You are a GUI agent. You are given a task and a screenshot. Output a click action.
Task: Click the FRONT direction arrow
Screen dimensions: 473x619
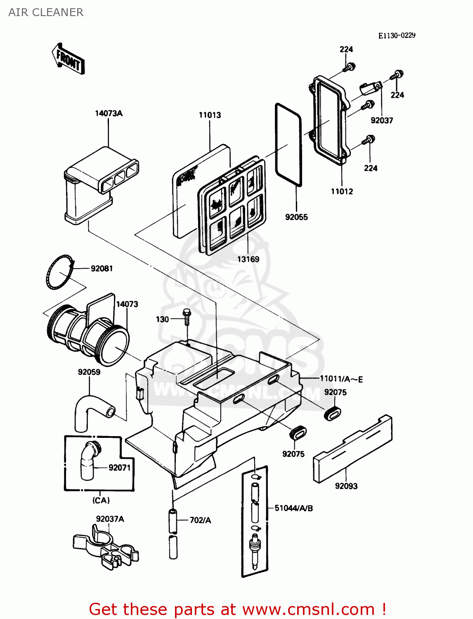(x=68, y=59)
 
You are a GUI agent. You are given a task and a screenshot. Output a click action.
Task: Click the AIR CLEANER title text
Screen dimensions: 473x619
(x=46, y=12)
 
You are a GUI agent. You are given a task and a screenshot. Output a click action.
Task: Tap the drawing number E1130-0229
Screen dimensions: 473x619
(x=397, y=35)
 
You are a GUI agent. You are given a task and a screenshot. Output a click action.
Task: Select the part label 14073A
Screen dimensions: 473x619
(x=109, y=113)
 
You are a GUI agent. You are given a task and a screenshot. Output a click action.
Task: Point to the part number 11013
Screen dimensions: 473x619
(x=210, y=115)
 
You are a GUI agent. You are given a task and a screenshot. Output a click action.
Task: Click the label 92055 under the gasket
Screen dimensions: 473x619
(x=296, y=217)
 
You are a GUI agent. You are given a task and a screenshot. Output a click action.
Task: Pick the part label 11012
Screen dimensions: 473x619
(x=342, y=191)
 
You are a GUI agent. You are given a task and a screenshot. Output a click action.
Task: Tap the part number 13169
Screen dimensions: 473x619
(x=248, y=259)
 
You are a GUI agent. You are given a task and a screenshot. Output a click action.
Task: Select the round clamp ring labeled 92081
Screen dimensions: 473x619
(x=60, y=272)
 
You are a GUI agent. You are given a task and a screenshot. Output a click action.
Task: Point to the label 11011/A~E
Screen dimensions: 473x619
(x=341, y=379)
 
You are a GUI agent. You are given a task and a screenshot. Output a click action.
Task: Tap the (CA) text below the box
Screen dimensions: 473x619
(x=101, y=501)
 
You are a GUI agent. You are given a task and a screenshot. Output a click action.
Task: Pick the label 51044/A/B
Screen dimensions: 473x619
(x=293, y=508)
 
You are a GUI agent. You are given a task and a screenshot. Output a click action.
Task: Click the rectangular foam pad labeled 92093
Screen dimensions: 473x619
(x=352, y=449)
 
